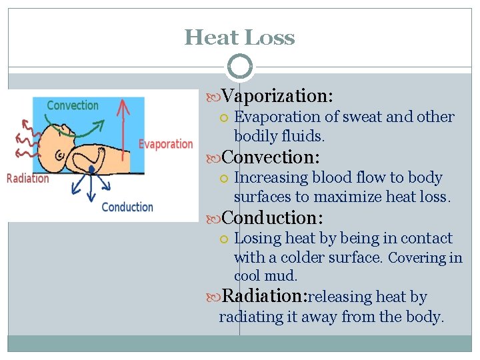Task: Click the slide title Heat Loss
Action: pyautogui.click(x=239, y=37)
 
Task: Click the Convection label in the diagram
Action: pyautogui.click(x=73, y=105)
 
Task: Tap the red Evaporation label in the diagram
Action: pyautogui.click(x=165, y=144)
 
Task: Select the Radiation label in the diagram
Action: pyautogui.click(x=28, y=178)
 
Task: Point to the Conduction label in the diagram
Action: pyautogui.click(x=127, y=207)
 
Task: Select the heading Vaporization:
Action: pyautogui.click(x=277, y=96)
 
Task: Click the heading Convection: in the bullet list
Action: pyautogui.click(x=271, y=157)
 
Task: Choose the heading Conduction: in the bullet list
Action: pyautogui.click(x=272, y=218)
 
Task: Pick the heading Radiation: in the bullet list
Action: pyautogui.click(x=263, y=296)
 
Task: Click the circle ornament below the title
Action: pyautogui.click(x=240, y=67)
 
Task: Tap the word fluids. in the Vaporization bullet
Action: pyautogui.click(x=303, y=137)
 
